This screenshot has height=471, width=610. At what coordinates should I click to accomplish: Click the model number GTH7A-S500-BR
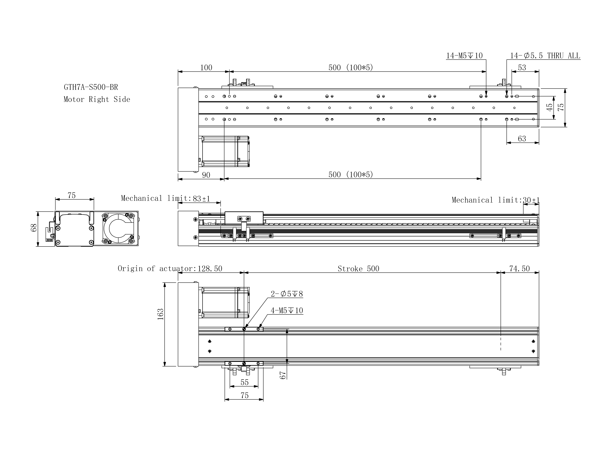(91, 87)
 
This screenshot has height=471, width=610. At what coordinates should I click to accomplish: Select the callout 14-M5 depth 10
(464, 56)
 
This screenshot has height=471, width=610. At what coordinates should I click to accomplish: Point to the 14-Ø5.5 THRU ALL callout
(545, 56)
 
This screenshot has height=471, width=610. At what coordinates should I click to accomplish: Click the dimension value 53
(522, 68)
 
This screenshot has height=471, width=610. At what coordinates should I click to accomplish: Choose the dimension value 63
(522, 139)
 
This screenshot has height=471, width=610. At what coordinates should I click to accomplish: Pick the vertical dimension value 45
(549, 107)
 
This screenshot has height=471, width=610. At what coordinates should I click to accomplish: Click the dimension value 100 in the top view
(206, 68)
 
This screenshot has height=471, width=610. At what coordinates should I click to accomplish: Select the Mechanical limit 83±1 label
(165, 198)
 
